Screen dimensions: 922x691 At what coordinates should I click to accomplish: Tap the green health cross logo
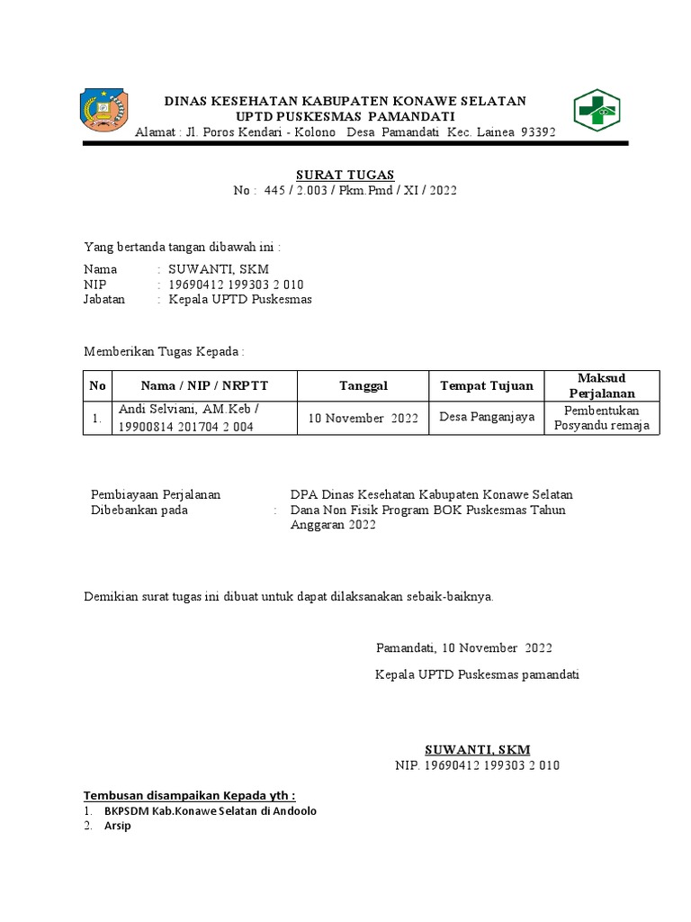597,111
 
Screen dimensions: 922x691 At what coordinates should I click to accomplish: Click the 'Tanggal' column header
363,386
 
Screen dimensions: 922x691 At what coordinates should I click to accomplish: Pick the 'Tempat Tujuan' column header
486,386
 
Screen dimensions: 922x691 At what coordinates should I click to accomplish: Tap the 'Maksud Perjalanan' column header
602,385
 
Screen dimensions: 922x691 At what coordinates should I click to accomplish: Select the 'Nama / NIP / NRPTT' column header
204,386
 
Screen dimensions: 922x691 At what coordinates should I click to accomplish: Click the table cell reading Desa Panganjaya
487,417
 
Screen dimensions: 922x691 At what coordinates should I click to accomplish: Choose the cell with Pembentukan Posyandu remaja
602,418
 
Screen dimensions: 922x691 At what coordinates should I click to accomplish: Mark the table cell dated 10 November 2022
363,419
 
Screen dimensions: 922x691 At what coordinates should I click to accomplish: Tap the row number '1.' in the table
95,418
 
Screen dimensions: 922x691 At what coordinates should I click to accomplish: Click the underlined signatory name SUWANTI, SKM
477,749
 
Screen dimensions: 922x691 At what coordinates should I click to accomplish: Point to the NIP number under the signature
477,765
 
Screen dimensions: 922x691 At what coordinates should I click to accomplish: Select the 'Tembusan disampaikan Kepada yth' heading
189,796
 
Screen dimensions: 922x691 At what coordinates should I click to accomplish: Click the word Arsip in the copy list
117,826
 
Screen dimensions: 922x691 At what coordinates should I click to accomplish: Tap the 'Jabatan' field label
104,299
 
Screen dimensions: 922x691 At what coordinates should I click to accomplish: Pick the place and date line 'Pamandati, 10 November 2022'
463,648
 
